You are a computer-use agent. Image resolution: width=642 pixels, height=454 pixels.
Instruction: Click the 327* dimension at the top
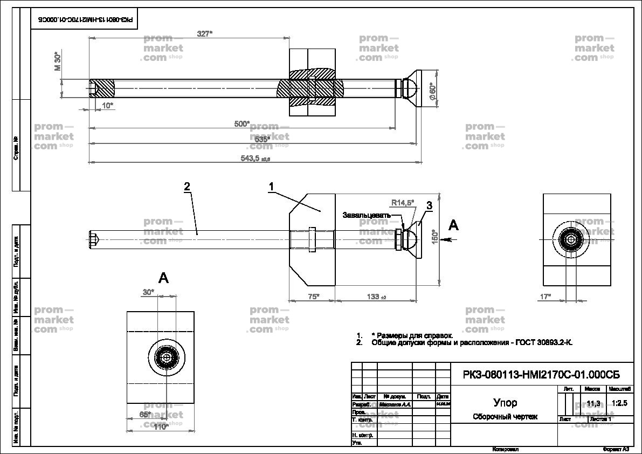click(204, 33)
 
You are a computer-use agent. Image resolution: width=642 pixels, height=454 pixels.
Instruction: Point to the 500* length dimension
click(242, 124)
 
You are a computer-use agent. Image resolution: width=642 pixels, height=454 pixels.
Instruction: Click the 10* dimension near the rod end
click(107, 105)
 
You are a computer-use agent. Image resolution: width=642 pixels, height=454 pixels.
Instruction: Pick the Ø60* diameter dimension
click(432, 91)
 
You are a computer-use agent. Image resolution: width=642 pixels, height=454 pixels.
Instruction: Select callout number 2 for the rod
click(187, 187)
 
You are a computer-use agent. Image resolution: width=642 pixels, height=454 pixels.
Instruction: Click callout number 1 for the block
click(272, 186)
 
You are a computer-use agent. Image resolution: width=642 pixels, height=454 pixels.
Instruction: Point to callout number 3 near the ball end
click(429, 205)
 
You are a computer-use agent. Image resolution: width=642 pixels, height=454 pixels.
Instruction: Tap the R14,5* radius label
click(403, 203)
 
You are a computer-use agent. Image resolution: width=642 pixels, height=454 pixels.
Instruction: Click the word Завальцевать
click(367, 215)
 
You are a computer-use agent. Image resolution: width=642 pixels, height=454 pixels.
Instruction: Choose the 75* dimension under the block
click(313, 296)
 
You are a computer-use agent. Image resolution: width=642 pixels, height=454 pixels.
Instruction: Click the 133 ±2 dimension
click(376, 296)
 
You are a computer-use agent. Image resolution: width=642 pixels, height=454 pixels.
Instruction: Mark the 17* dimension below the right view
click(546, 296)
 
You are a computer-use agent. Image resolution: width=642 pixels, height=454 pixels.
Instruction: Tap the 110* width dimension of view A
click(161, 427)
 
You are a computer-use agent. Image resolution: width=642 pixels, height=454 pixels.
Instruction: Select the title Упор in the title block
click(505, 403)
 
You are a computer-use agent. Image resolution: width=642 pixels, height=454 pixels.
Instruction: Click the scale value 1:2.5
click(620, 403)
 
